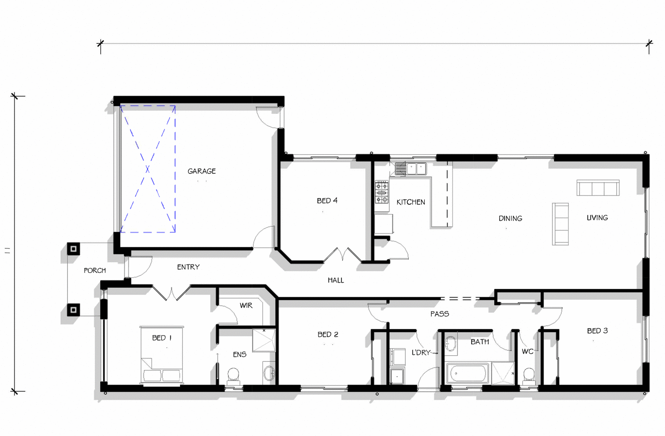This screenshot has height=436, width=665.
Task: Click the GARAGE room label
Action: (x=201, y=171)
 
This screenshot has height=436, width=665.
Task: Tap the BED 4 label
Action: (x=327, y=201)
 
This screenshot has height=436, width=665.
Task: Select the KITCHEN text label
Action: (x=411, y=202)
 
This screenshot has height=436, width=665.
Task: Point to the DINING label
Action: (x=510, y=218)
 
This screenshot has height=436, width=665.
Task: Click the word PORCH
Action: (x=95, y=270)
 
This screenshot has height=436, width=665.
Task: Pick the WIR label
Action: (x=246, y=306)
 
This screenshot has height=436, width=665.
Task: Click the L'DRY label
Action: (x=421, y=353)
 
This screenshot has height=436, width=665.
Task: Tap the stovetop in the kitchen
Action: (x=382, y=192)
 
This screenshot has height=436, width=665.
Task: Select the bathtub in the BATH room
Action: (x=467, y=374)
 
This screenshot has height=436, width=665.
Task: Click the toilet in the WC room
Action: (x=529, y=376)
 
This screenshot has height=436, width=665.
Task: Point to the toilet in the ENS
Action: (x=233, y=376)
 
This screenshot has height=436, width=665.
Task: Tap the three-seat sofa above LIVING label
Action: (x=598, y=188)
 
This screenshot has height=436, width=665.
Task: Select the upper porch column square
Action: (x=74, y=249)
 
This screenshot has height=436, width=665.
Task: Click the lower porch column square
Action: (x=74, y=310)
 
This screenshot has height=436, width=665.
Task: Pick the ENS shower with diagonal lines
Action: (x=264, y=340)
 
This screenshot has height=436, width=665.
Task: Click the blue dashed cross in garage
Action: (x=148, y=169)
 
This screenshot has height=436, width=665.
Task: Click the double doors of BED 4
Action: (x=342, y=256)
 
